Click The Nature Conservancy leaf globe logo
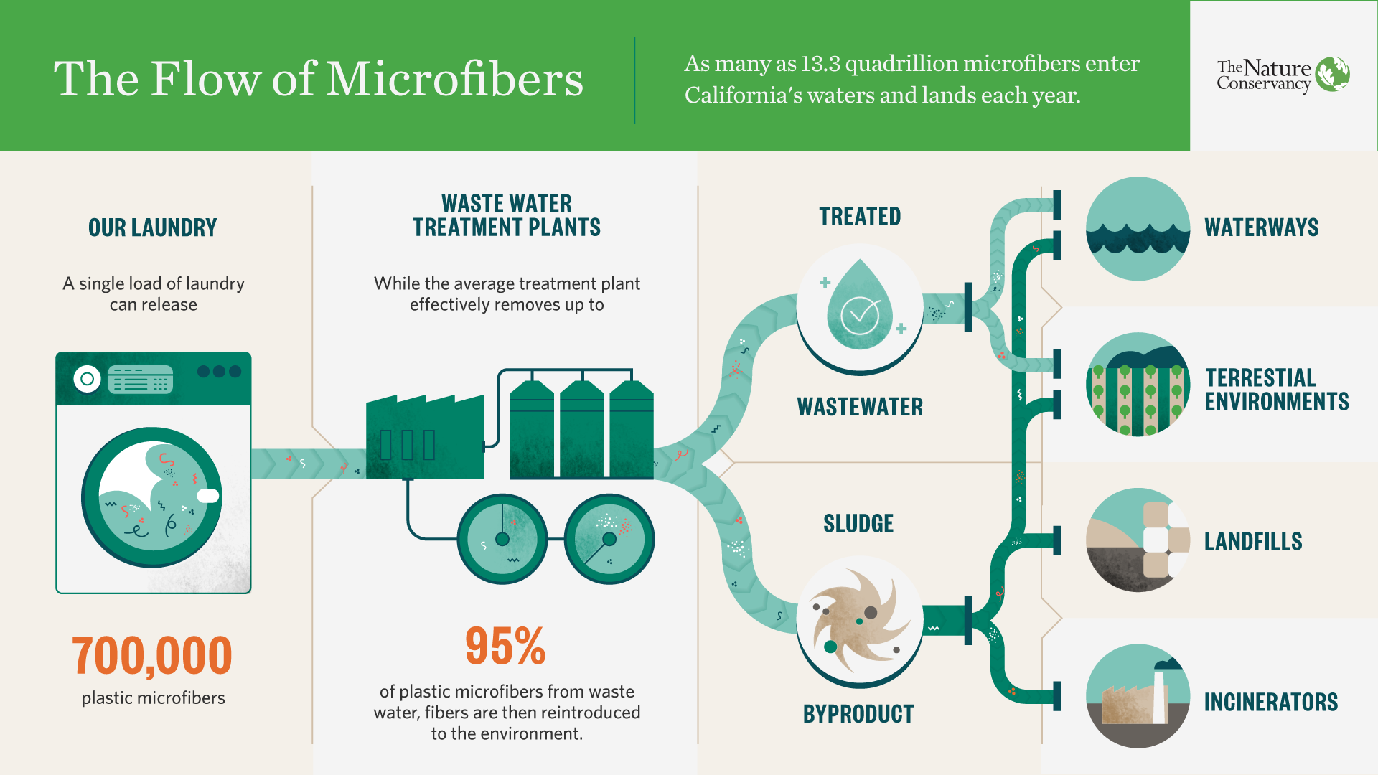1333,74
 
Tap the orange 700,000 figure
152,656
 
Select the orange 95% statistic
505,646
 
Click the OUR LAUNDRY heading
153,227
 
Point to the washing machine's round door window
152,497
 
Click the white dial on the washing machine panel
87,379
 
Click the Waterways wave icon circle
1138,228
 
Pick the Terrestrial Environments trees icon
1138,384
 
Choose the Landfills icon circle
1138,540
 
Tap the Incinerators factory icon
1138,696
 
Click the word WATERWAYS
1262,227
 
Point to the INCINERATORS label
1271,702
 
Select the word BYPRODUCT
858,714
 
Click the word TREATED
860,216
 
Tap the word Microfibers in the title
455,78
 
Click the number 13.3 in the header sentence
820,63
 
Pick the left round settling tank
502,539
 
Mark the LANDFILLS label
1253,541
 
